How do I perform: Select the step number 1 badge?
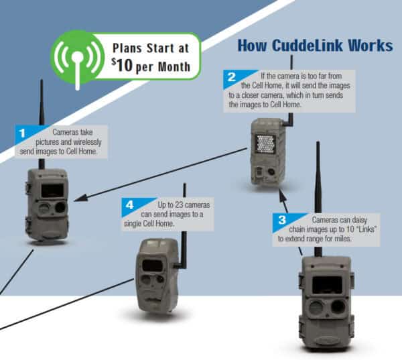[21, 134]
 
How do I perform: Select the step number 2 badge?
[231, 78]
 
